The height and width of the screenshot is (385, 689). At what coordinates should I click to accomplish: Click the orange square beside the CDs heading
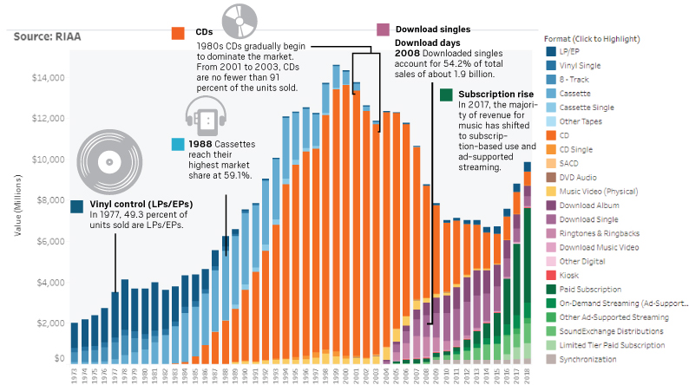(x=177, y=32)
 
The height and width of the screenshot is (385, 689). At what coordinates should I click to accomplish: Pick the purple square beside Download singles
(x=383, y=29)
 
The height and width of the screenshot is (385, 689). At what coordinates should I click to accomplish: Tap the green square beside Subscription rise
(x=446, y=94)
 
